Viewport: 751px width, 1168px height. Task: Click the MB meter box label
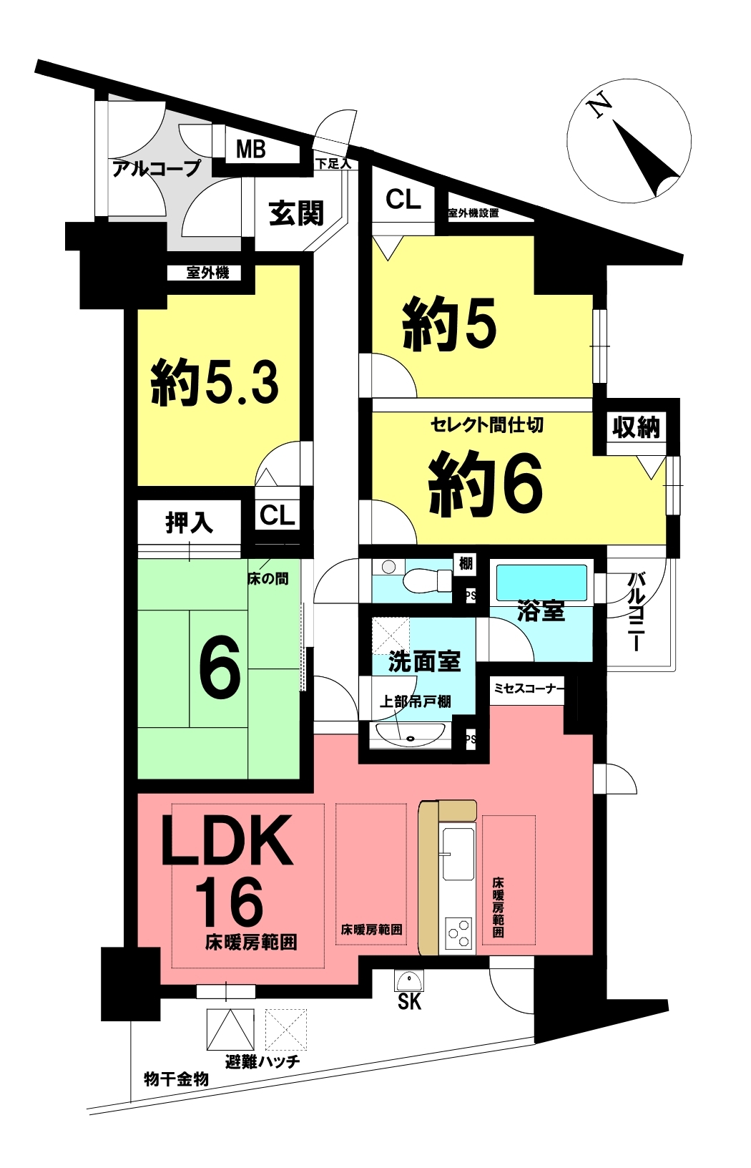(x=250, y=149)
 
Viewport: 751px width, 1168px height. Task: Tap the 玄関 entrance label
(x=296, y=213)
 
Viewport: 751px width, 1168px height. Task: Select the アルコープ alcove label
(x=157, y=168)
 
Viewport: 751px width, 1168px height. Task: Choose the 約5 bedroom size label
(x=449, y=324)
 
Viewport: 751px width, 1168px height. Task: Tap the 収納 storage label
(x=635, y=427)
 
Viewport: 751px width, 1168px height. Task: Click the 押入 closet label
(x=189, y=522)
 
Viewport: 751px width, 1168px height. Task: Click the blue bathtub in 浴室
(x=541, y=582)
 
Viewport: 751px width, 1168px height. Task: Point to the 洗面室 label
(x=424, y=661)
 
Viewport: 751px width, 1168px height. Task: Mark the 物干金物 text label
(x=176, y=1079)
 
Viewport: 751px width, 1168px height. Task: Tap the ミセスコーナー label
(x=529, y=688)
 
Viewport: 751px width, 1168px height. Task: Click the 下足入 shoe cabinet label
(x=333, y=164)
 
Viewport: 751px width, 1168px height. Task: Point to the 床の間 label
(x=268, y=578)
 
